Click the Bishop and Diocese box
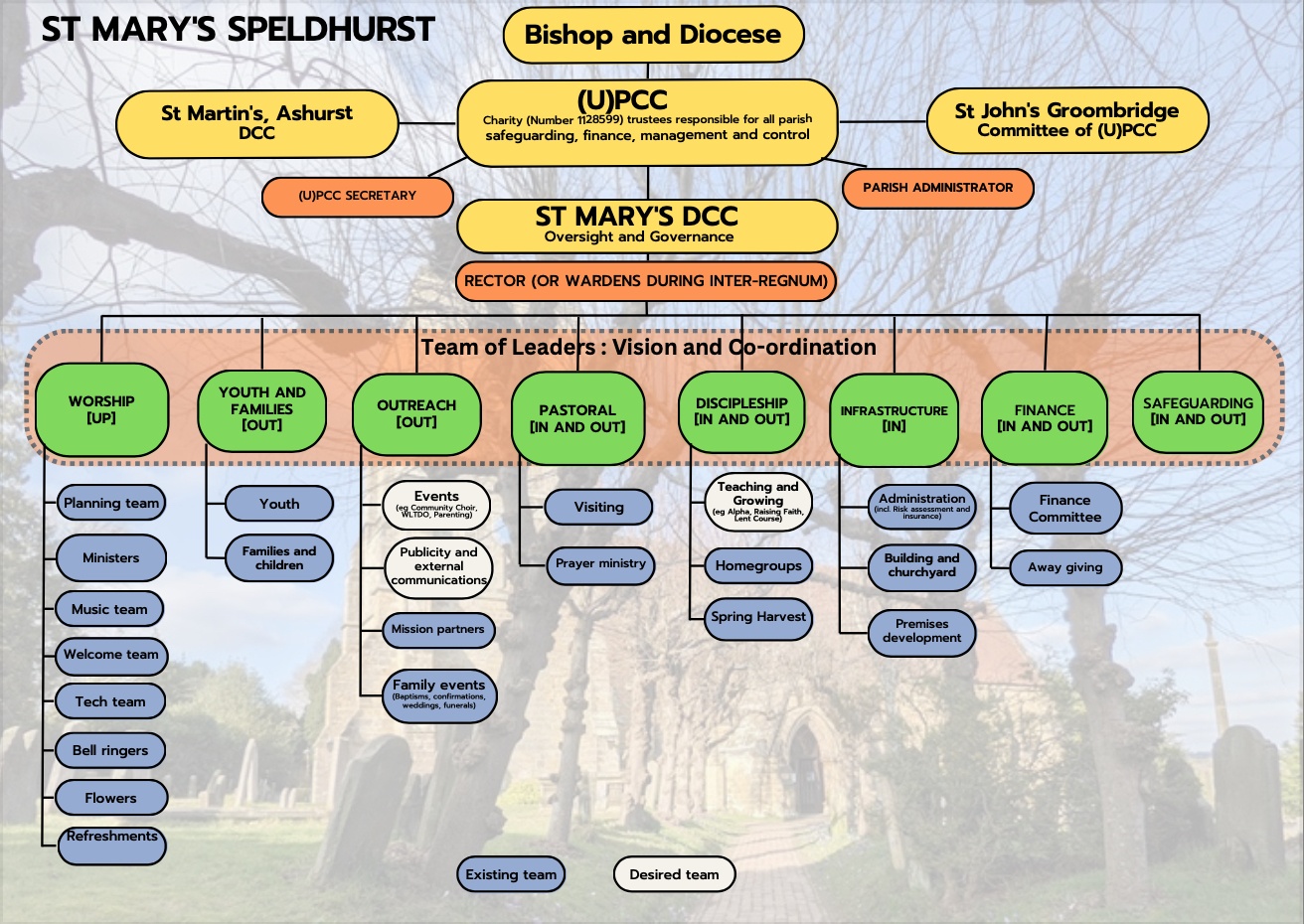[x=653, y=35]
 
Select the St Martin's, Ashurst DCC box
[x=256, y=123]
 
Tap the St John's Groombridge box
[x=1066, y=120]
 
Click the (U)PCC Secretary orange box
[x=358, y=196]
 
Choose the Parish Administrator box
[x=937, y=188]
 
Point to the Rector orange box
[x=646, y=281]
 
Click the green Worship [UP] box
[x=101, y=409]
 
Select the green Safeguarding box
[x=1198, y=411]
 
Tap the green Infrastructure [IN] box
[x=894, y=418]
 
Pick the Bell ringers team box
[x=110, y=750]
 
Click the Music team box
[x=109, y=609]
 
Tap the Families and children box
[x=279, y=558]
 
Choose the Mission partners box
[x=438, y=630]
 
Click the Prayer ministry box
[x=600, y=563]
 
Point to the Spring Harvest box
[x=758, y=617]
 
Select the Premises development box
[x=921, y=631]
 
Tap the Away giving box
[x=1065, y=567]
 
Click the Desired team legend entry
[x=674, y=874]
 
